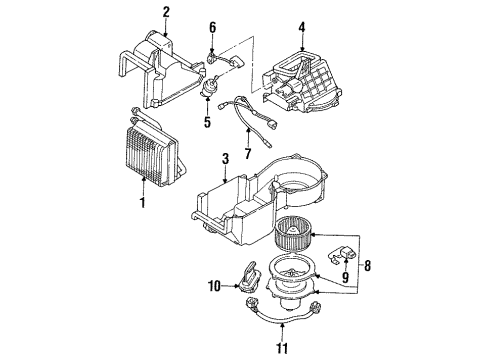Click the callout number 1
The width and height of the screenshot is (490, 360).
pyautogui.click(x=143, y=202)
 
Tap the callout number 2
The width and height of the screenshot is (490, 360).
pyautogui.click(x=166, y=12)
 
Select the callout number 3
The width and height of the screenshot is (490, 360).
pyautogui.click(x=226, y=159)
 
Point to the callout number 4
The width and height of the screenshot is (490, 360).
pyautogui.click(x=302, y=27)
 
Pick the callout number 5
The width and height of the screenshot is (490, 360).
pyautogui.click(x=207, y=122)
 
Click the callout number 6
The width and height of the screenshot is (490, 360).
pyautogui.click(x=213, y=27)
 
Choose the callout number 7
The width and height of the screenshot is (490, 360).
pyautogui.click(x=248, y=154)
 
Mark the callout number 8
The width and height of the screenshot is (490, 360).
pyautogui.click(x=367, y=266)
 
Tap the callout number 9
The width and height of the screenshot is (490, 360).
pyautogui.click(x=345, y=277)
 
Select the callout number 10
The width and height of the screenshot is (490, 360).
pyautogui.click(x=214, y=286)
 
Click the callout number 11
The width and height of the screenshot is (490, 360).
pyautogui.click(x=282, y=348)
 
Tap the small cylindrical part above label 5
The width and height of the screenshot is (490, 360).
pyautogui.click(x=208, y=87)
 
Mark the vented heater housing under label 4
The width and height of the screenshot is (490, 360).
pyautogui.click(x=302, y=84)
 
